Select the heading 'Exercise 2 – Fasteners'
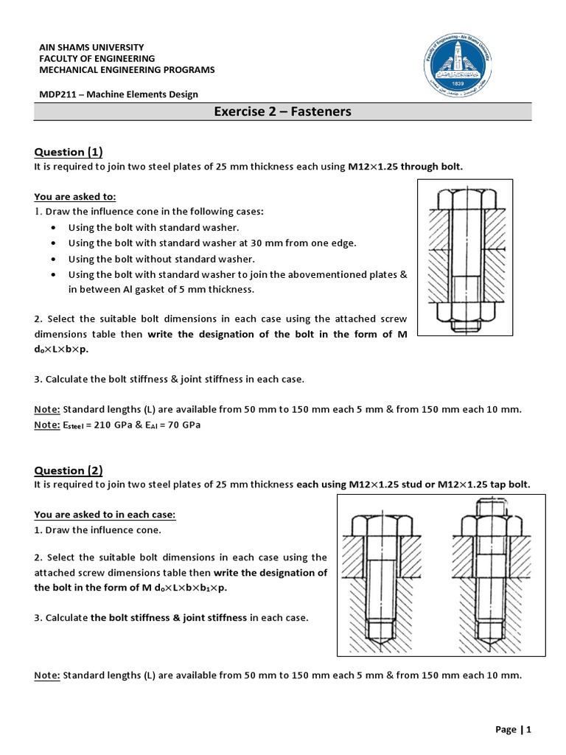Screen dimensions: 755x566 (282, 112)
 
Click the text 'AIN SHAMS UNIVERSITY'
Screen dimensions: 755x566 (85, 46)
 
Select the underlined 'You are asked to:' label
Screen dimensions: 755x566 (75, 197)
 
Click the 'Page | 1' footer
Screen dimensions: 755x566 (513, 729)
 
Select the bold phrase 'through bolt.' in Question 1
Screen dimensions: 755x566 (432, 167)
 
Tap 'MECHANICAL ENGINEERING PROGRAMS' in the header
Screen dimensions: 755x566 (126, 70)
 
